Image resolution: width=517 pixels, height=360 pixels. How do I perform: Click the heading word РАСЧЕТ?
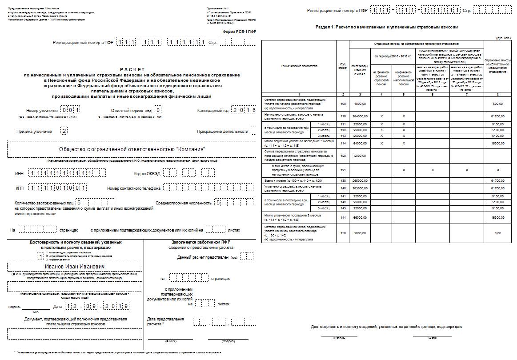click(132, 69)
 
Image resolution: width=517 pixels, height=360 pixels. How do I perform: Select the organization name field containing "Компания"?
click(132, 149)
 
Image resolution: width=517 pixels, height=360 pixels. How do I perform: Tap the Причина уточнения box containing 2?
click(64, 131)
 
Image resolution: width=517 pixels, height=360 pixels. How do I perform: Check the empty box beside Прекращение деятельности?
click(253, 131)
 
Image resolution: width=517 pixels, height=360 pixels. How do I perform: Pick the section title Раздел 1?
click(386, 27)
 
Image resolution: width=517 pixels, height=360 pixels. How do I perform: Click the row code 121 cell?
click(343, 170)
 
